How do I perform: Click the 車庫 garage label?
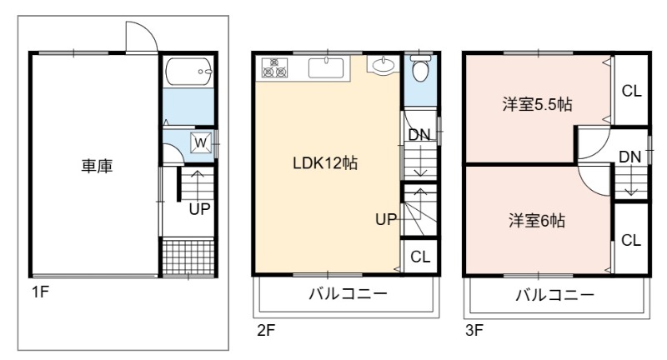[97, 166]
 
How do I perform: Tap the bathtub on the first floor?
[188, 71]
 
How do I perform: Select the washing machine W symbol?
[201, 142]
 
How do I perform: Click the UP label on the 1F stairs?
[199, 208]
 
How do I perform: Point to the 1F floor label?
[40, 292]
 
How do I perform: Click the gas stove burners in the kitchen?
[274, 68]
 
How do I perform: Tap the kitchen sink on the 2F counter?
[326, 68]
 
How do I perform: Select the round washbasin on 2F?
[384, 65]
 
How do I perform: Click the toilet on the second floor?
[420, 68]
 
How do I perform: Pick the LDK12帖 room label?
[325, 163]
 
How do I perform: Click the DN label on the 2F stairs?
[419, 135]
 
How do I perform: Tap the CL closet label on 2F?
[420, 257]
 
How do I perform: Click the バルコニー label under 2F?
[348, 293]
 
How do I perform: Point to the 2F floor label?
[266, 330]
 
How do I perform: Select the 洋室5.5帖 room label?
[537, 104]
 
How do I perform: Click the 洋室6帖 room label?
[537, 221]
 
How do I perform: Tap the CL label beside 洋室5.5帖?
[631, 91]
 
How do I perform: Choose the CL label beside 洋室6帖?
[631, 240]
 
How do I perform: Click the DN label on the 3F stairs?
[630, 157]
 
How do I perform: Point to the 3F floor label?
[474, 330]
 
